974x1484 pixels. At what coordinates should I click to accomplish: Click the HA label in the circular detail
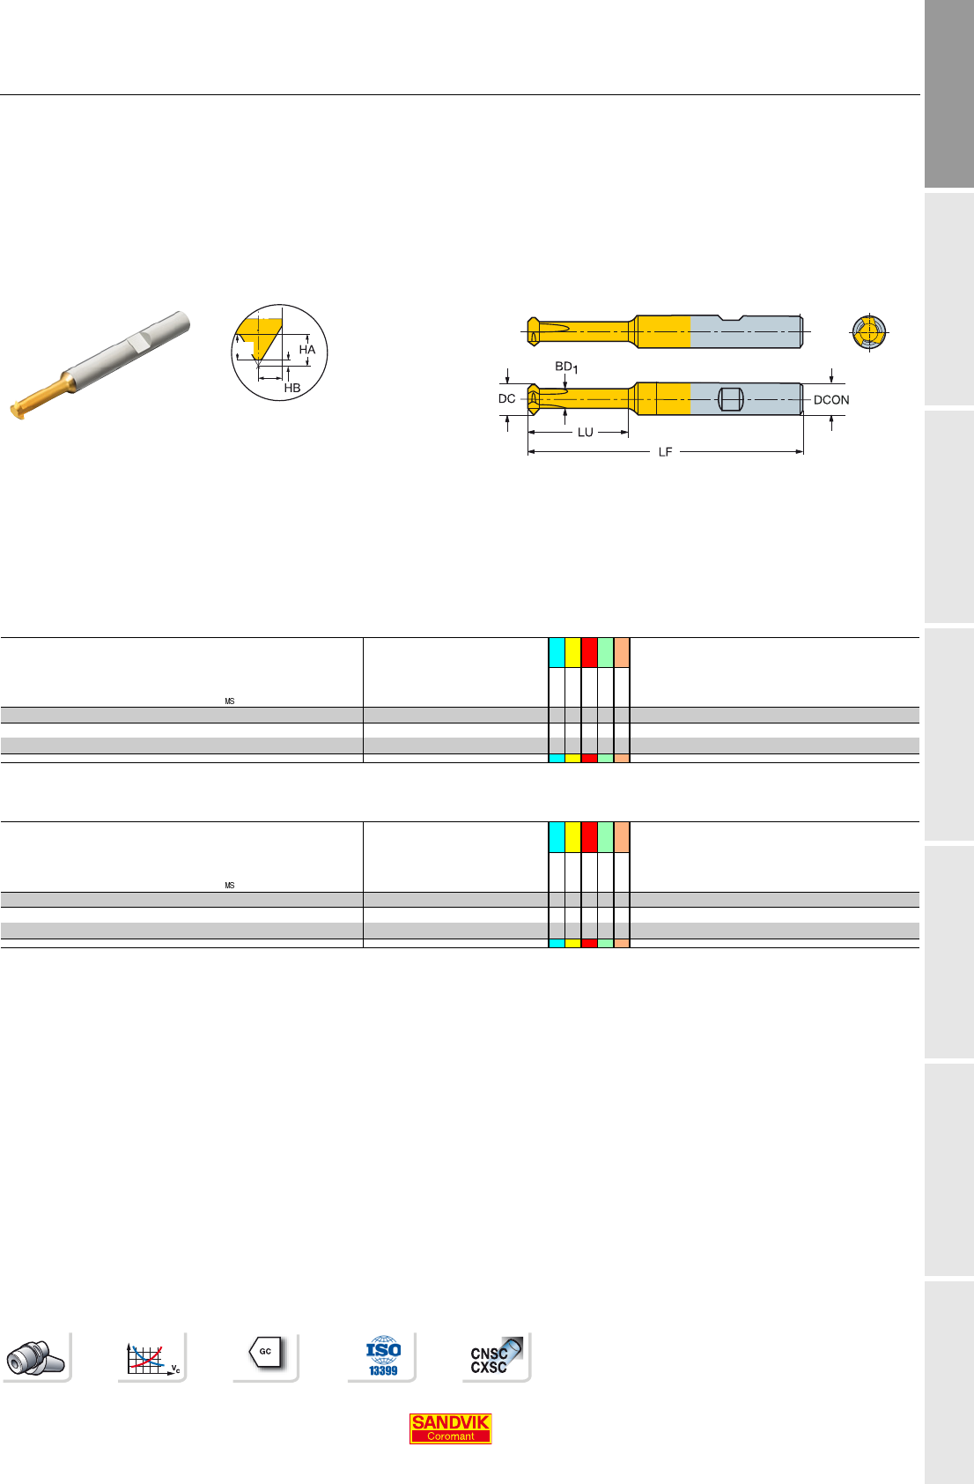point(307,349)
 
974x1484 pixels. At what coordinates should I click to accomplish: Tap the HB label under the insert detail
point(292,388)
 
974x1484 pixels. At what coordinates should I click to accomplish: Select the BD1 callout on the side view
point(566,367)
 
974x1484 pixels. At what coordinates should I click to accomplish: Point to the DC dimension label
point(506,399)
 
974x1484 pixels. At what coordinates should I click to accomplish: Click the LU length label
point(586,433)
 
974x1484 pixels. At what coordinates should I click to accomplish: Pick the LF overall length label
point(666,452)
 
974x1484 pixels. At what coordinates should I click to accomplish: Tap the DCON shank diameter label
point(831,400)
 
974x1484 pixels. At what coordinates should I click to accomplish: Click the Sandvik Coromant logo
point(450,1428)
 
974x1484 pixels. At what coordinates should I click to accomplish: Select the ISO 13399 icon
point(383,1356)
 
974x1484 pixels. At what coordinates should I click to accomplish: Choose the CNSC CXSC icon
point(496,1356)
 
